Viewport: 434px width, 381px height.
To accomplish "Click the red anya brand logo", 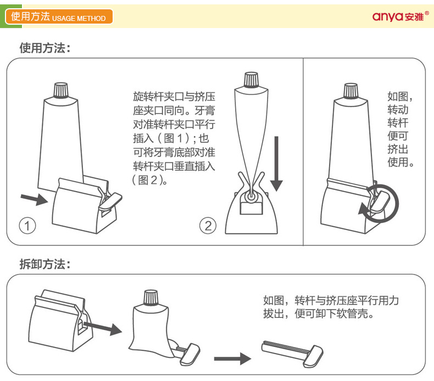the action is (400, 16).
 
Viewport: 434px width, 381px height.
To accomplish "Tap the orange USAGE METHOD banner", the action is (59, 16).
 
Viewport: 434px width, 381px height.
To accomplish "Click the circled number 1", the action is (27, 226).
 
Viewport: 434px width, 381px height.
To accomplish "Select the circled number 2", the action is (208, 226).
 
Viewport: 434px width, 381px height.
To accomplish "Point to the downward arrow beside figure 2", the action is (276, 164).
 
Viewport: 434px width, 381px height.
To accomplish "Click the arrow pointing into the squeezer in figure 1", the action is (34, 199).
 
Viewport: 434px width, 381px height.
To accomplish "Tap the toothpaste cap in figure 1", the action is (61, 90).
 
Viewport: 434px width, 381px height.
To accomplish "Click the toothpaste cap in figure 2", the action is (251, 80).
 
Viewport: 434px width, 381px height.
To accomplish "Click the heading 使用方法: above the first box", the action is (45, 48).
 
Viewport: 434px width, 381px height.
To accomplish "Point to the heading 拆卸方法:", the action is (45, 264).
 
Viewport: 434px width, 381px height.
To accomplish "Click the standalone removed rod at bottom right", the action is (292, 354).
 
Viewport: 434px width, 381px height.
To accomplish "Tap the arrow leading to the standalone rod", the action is (232, 359).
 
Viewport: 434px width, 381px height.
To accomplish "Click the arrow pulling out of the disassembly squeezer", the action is (102, 328).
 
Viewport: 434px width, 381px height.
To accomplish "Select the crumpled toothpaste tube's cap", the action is (151, 298).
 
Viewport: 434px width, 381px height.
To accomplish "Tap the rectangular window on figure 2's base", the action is (251, 208).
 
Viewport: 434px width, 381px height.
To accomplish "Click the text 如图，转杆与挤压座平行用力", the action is (331, 300).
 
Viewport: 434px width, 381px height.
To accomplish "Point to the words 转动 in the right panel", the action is (398, 110).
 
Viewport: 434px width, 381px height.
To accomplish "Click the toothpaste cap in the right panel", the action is (351, 91).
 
